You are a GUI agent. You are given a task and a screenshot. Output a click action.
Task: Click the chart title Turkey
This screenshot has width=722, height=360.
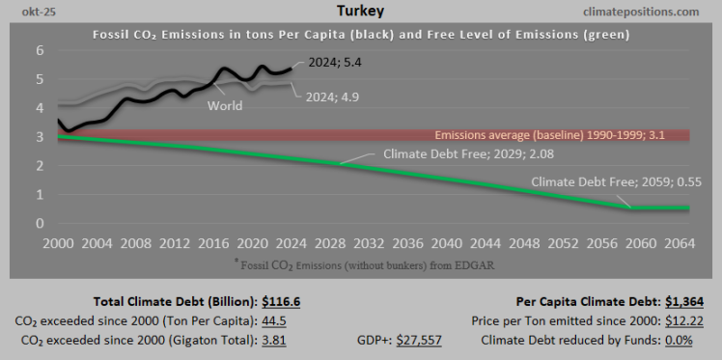(x=361, y=11)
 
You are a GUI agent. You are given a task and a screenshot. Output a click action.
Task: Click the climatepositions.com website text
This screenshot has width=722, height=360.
(x=641, y=12)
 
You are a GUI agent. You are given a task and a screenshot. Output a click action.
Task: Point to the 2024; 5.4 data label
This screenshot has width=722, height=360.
(x=335, y=63)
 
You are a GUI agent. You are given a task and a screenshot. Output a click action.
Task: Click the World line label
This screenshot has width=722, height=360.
(x=225, y=105)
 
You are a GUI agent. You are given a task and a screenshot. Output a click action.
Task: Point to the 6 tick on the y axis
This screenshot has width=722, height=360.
(x=41, y=50)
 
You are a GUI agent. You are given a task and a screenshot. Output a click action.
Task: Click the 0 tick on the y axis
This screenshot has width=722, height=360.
(x=41, y=223)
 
